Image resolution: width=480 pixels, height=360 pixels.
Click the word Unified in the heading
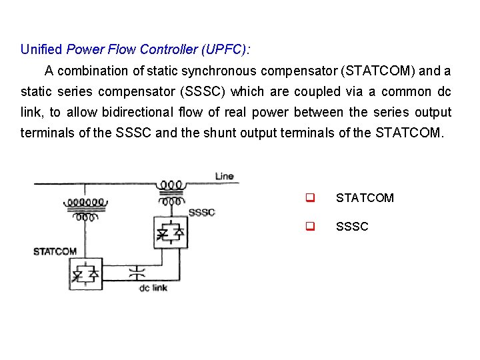(x=41, y=49)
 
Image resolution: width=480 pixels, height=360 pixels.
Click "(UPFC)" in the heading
(x=226, y=49)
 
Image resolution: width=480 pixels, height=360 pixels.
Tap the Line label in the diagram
(x=225, y=176)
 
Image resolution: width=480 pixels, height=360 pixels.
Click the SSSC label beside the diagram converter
(x=202, y=212)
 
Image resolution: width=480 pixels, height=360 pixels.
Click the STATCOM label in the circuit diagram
(x=55, y=251)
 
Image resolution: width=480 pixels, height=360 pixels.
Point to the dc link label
(x=153, y=288)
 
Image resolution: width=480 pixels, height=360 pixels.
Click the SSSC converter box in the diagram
(x=170, y=232)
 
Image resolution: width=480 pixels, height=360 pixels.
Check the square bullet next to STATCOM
(x=310, y=198)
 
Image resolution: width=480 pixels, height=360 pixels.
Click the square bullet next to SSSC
(x=310, y=227)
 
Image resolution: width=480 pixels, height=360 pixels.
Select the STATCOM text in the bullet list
(x=365, y=198)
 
